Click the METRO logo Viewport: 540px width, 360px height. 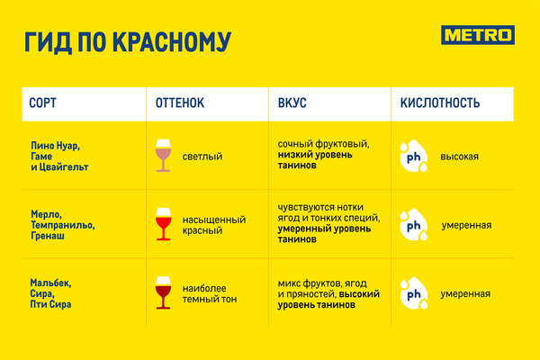[x=478, y=35]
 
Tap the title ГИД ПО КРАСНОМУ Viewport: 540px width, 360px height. [x=128, y=42]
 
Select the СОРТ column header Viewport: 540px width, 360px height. [x=42, y=103]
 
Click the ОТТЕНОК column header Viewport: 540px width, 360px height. [x=180, y=103]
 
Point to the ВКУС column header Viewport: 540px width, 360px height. [x=292, y=103]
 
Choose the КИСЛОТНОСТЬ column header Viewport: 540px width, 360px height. [x=440, y=103]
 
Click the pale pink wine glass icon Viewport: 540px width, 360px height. [x=163, y=156]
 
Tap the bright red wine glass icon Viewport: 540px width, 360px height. [x=163, y=224]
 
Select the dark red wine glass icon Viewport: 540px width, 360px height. [x=163, y=292]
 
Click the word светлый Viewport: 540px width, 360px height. [x=202, y=157]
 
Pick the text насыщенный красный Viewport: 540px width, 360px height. [x=214, y=225]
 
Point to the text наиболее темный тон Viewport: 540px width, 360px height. [x=210, y=294]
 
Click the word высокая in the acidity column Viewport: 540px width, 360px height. [x=459, y=157]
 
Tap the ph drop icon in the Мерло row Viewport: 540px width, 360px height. [x=414, y=225]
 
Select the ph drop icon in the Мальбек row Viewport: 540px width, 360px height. [x=414, y=293]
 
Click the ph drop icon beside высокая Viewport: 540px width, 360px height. [x=414, y=156]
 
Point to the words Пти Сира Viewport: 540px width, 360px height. [x=50, y=304]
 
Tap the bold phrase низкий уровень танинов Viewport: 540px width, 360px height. [x=315, y=160]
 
